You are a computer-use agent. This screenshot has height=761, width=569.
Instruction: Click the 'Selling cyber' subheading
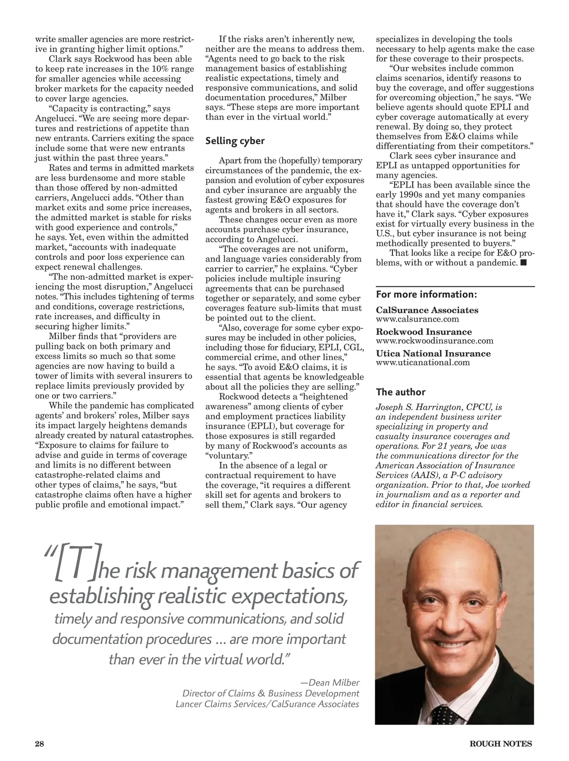tap(235, 141)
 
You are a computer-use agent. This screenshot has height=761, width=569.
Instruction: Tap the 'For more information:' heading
tap(426, 294)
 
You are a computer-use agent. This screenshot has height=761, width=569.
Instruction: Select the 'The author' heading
tap(400, 392)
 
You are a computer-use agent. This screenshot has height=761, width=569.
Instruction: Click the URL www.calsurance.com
tap(417, 319)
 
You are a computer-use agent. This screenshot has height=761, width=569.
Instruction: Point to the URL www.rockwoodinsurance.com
tap(434, 341)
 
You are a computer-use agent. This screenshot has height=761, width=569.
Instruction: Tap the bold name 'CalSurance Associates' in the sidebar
tap(427, 310)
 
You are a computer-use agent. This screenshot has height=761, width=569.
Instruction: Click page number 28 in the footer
tap(39, 743)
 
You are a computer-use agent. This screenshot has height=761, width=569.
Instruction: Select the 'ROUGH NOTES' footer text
tap(500, 744)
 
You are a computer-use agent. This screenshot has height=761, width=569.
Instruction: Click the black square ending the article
tap(523, 262)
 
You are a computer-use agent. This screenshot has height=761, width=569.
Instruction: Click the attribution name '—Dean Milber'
tap(330, 683)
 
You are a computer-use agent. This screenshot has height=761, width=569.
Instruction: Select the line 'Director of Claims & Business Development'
tap(271, 693)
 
